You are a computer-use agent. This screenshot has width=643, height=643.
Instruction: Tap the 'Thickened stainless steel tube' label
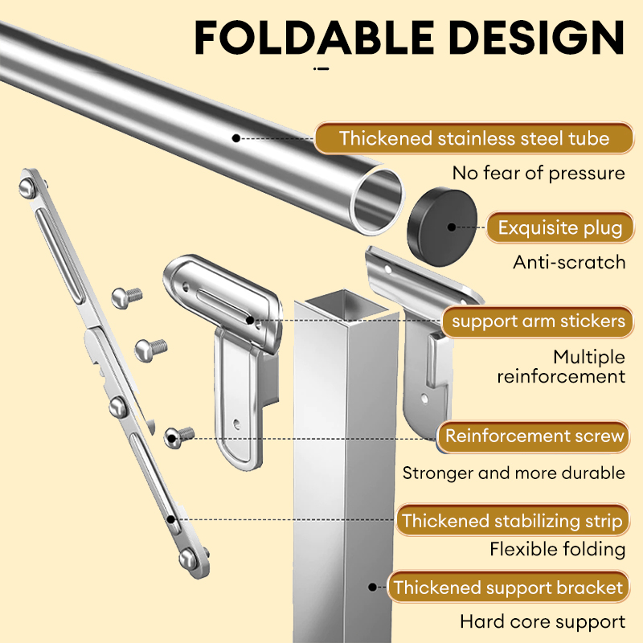474,138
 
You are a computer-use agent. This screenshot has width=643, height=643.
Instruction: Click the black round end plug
442,227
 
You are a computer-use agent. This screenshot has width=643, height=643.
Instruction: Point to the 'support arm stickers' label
538,321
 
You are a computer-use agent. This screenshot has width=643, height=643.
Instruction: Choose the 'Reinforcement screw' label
534,436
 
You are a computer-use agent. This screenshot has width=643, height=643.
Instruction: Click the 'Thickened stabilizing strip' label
512,521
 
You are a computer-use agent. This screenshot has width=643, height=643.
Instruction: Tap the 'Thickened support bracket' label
509,588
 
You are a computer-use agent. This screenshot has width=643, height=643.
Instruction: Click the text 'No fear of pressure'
539,173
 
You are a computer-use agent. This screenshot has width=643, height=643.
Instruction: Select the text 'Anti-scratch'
569,263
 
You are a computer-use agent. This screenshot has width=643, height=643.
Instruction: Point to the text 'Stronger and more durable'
514,473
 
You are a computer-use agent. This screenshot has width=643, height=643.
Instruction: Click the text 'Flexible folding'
558,550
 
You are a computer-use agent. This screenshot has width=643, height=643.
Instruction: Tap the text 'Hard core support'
543,621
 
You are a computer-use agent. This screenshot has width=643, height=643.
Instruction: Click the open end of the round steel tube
377,202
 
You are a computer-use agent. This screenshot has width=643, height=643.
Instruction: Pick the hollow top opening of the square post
346,303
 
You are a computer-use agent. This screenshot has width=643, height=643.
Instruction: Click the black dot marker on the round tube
235,138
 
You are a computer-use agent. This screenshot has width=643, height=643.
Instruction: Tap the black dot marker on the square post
372,588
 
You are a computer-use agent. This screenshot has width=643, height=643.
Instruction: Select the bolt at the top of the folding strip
27,187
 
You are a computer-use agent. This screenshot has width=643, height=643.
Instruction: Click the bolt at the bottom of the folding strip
188,559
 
